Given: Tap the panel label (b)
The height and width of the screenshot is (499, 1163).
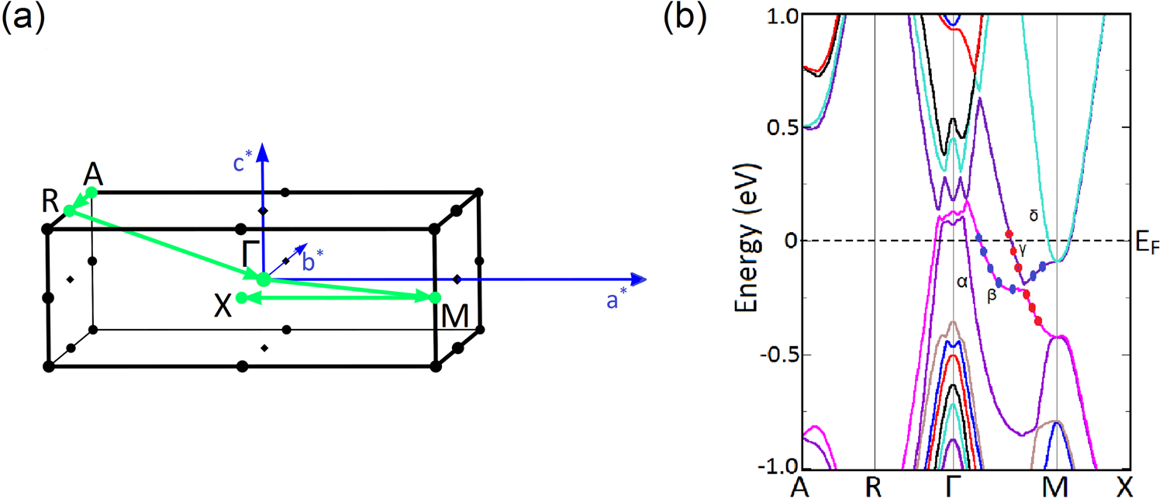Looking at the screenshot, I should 687,18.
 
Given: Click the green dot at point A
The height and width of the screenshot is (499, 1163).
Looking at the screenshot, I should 91,192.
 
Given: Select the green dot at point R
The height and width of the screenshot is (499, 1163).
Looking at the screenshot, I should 69,210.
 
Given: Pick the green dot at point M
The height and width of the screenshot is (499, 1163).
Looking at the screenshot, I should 435,297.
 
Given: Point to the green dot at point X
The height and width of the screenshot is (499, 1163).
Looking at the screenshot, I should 242,297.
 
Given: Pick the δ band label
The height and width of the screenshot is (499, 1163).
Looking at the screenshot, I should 1033,217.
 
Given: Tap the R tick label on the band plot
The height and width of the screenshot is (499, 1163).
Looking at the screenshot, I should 875,486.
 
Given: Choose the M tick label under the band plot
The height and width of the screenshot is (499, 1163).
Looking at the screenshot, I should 1056,486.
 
